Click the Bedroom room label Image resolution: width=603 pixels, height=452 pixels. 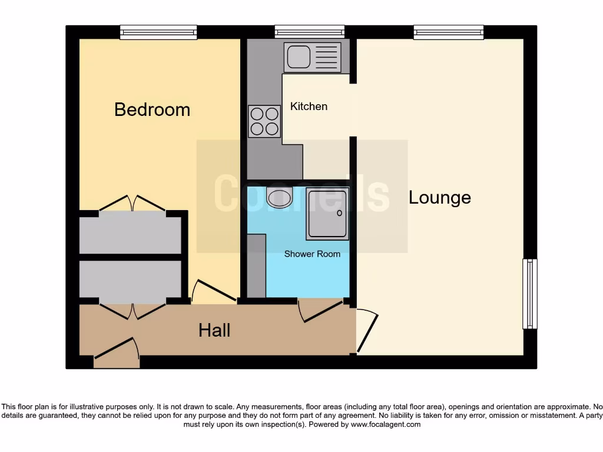pyautogui.click(x=152, y=109)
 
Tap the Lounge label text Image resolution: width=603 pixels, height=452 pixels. pyautogui.click(x=440, y=198)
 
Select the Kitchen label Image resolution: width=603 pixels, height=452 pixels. pyautogui.click(x=309, y=107)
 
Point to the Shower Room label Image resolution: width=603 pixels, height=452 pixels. pyautogui.click(x=312, y=254)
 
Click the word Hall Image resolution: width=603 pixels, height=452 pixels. pyautogui.click(x=214, y=330)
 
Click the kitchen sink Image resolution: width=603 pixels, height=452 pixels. pyautogui.click(x=312, y=56)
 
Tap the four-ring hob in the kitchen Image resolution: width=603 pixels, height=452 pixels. pyautogui.click(x=264, y=121)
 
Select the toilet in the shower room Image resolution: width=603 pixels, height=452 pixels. pyautogui.click(x=279, y=197)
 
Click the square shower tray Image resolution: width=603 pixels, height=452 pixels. pyautogui.click(x=327, y=214)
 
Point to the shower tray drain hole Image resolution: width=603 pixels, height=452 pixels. pyautogui.click(x=340, y=213)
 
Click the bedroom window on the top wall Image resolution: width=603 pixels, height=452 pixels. pyautogui.click(x=158, y=32)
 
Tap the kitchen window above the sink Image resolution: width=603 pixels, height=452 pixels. pyautogui.click(x=310, y=32)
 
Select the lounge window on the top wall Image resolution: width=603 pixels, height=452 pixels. pyautogui.click(x=449, y=32)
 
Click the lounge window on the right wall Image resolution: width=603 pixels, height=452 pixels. pyautogui.click(x=530, y=294)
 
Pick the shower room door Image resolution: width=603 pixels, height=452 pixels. pyautogui.click(x=322, y=311)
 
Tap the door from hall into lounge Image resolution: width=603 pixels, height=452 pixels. pyautogui.click(x=367, y=331)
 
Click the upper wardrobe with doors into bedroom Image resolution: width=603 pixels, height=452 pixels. pyautogui.click(x=130, y=235)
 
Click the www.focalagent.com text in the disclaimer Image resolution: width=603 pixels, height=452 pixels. pyautogui.click(x=386, y=424)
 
